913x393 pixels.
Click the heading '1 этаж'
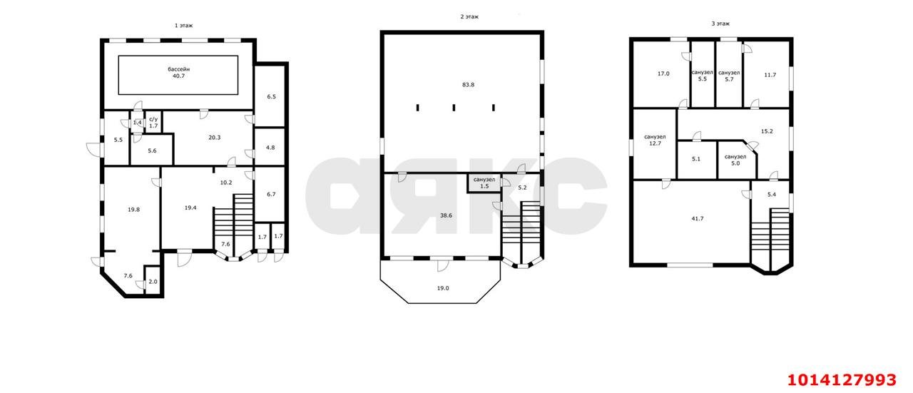[x=183, y=25]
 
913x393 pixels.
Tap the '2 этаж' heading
[x=469, y=16]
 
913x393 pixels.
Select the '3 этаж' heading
[x=720, y=24]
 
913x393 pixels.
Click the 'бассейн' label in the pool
[x=178, y=69]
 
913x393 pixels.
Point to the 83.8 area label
[x=468, y=85]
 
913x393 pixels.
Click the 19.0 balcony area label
[x=443, y=288]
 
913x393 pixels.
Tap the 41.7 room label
[x=698, y=218]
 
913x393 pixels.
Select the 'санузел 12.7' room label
[x=655, y=141]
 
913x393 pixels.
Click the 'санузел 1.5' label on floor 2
[x=484, y=183]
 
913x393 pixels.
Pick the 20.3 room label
[x=215, y=138]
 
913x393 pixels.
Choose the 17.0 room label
[x=663, y=73]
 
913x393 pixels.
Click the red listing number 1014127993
[x=842, y=380]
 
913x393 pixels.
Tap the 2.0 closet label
[x=153, y=282]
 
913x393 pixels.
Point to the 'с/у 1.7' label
[x=153, y=123]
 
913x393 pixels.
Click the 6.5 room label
[x=272, y=96]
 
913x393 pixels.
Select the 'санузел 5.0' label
[x=735, y=160]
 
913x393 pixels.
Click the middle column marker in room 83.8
[x=454, y=108]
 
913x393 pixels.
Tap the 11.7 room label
[x=770, y=75]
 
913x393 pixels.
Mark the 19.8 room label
[x=133, y=210]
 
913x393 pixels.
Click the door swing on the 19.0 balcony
[x=443, y=266]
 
